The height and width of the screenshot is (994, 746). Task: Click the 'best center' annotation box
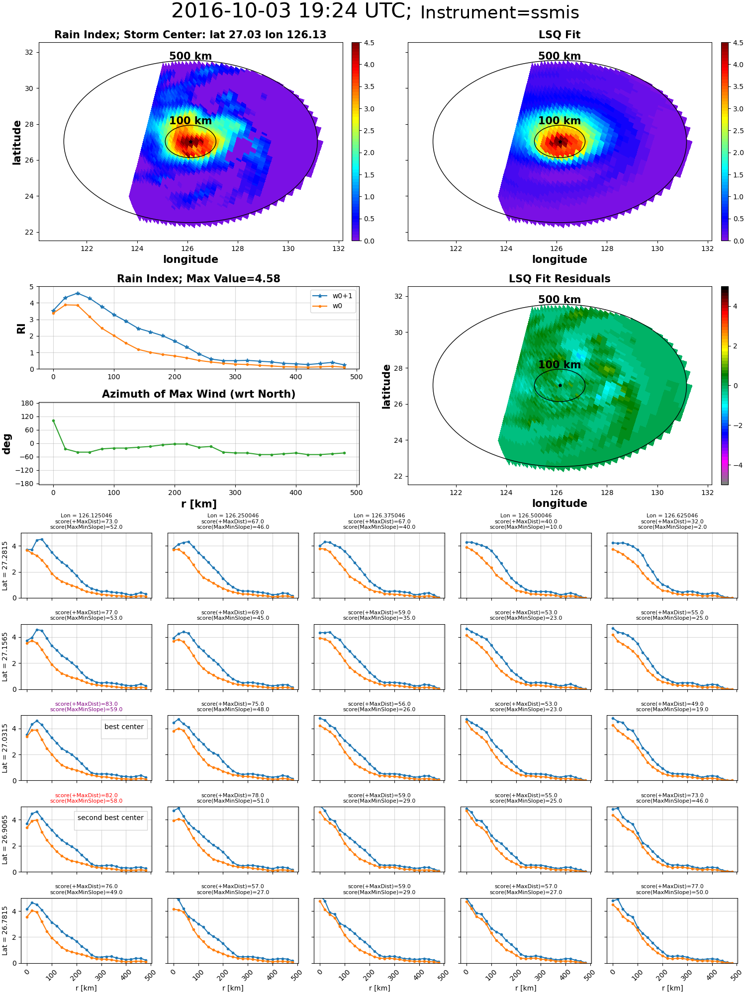click(124, 727)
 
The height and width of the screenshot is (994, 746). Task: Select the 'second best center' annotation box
click(110, 818)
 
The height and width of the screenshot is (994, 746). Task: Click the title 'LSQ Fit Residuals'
click(559, 279)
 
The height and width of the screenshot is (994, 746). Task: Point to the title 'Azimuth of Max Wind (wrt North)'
click(198, 394)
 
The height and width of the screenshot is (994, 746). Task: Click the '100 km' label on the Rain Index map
click(190, 121)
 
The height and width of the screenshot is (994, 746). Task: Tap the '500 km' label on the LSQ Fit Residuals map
click(559, 300)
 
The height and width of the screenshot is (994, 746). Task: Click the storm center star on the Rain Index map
click(190, 142)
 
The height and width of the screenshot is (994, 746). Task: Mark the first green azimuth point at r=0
click(53, 420)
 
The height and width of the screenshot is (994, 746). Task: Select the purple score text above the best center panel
click(86, 707)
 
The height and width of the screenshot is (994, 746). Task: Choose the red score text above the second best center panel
click(86, 798)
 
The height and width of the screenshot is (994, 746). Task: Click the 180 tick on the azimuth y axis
click(27, 403)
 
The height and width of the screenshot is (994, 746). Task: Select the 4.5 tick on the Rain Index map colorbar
click(369, 43)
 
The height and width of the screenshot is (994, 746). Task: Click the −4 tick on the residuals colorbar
click(735, 465)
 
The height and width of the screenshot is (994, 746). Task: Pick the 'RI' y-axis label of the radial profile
click(21, 328)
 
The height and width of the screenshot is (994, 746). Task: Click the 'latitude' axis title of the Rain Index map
click(17, 142)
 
